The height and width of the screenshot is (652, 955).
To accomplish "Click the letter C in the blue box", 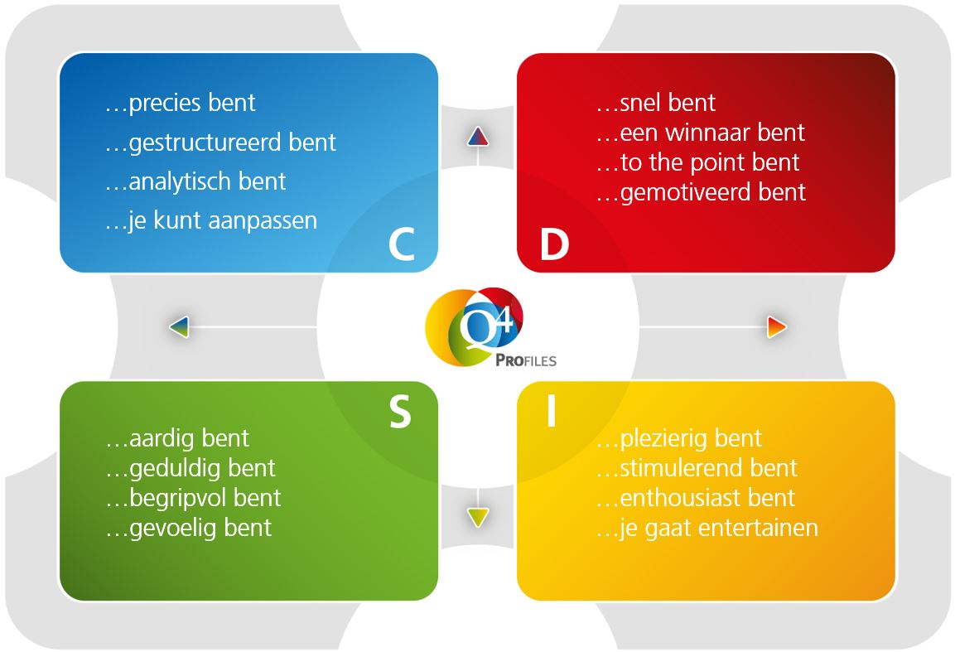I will pyautogui.click(x=401, y=244).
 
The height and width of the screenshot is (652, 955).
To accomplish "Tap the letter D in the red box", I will pyautogui.click(x=554, y=245).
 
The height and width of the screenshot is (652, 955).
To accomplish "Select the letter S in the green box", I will pyautogui.click(x=400, y=412).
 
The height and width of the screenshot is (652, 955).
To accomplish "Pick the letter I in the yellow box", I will pyautogui.click(x=551, y=412).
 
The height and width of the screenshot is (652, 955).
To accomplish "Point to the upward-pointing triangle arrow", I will pyautogui.click(x=478, y=137).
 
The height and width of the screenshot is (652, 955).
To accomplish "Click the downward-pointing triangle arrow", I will pyautogui.click(x=478, y=518).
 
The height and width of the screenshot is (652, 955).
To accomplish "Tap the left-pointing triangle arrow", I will pyautogui.click(x=180, y=326).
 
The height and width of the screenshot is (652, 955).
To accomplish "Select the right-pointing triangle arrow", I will pyautogui.click(x=776, y=326).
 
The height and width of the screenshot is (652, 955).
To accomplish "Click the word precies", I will pyautogui.click(x=165, y=104).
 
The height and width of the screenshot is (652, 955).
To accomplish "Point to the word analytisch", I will pyautogui.click(x=178, y=181).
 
